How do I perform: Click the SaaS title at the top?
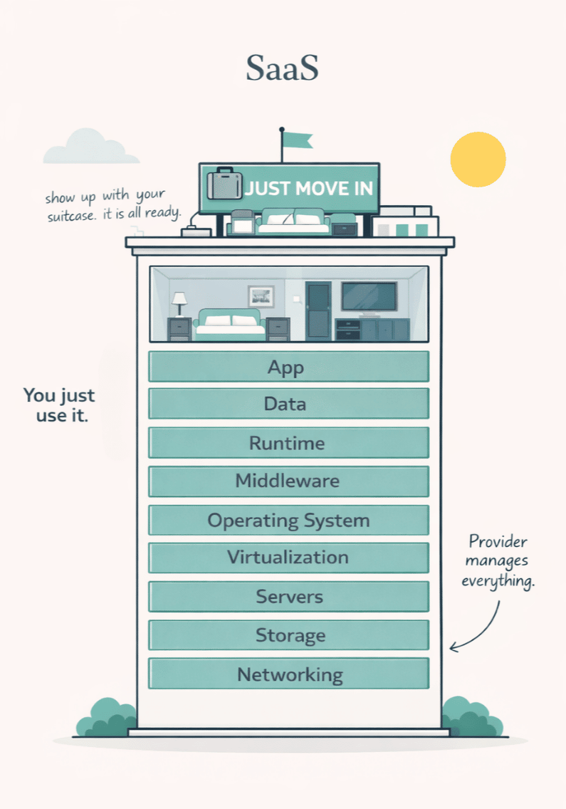282,68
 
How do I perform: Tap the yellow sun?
478,159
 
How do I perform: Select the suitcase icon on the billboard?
224,184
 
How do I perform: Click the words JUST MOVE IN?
309,189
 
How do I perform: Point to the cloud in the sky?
91,147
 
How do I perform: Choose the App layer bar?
288,367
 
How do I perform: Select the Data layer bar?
288,404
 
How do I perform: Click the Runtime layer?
288,442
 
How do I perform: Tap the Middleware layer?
288,481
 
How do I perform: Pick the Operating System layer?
288,520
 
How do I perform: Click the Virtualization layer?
288,557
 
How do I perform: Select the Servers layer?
288,596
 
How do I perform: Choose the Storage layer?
288,635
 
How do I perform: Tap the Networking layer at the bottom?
288,674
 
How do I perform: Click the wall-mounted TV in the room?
369,296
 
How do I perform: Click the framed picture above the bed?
261,296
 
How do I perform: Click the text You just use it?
59,405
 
